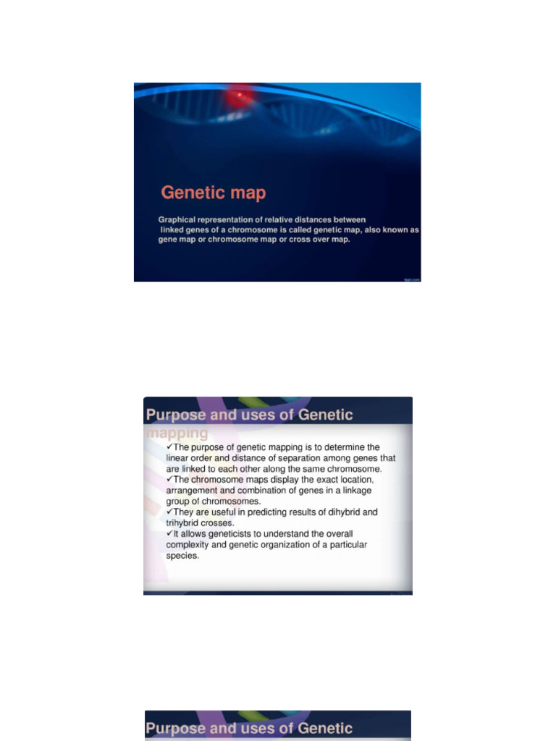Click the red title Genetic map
click(213, 192)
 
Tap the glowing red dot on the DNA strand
click(239, 95)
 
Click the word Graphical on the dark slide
click(178, 219)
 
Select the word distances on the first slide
click(314, 219)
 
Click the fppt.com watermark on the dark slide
click(411, 278)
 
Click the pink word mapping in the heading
click(177, 433)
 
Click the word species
click(182, 556)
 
